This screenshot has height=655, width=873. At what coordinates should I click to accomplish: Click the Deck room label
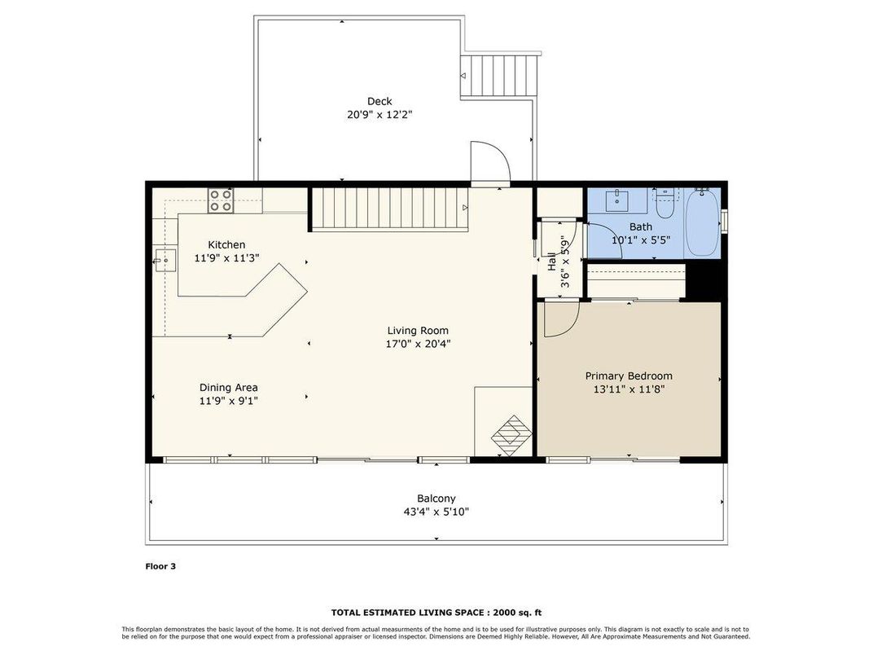pos(379,101)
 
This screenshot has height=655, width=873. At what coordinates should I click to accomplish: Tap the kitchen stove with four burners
pos(221,200)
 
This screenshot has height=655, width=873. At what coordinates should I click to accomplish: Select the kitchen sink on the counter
pos(165,261)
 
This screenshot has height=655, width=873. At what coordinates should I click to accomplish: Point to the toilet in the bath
pos(665,204)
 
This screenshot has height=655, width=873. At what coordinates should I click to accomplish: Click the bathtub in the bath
pos(701,222)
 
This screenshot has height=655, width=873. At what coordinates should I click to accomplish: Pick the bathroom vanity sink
pos(617,200)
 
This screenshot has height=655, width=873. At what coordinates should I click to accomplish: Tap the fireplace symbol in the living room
pos(511,436)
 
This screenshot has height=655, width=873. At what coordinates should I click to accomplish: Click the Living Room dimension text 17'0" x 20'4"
pos(418,344)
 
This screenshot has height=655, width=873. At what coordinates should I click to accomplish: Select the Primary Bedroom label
pos(629,376)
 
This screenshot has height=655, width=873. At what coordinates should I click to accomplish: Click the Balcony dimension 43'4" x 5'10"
pos(436,512)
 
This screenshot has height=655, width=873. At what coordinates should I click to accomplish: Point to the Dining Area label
pos(229,388)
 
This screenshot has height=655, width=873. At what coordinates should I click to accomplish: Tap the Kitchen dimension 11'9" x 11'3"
pos(227,258)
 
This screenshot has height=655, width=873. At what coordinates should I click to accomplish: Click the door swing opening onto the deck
pos(490,161)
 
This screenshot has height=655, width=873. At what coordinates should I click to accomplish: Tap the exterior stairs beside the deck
pos(500,76)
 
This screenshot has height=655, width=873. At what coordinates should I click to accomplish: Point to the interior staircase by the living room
pos(389,209)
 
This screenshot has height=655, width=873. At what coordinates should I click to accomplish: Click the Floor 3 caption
pos(160,566)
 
